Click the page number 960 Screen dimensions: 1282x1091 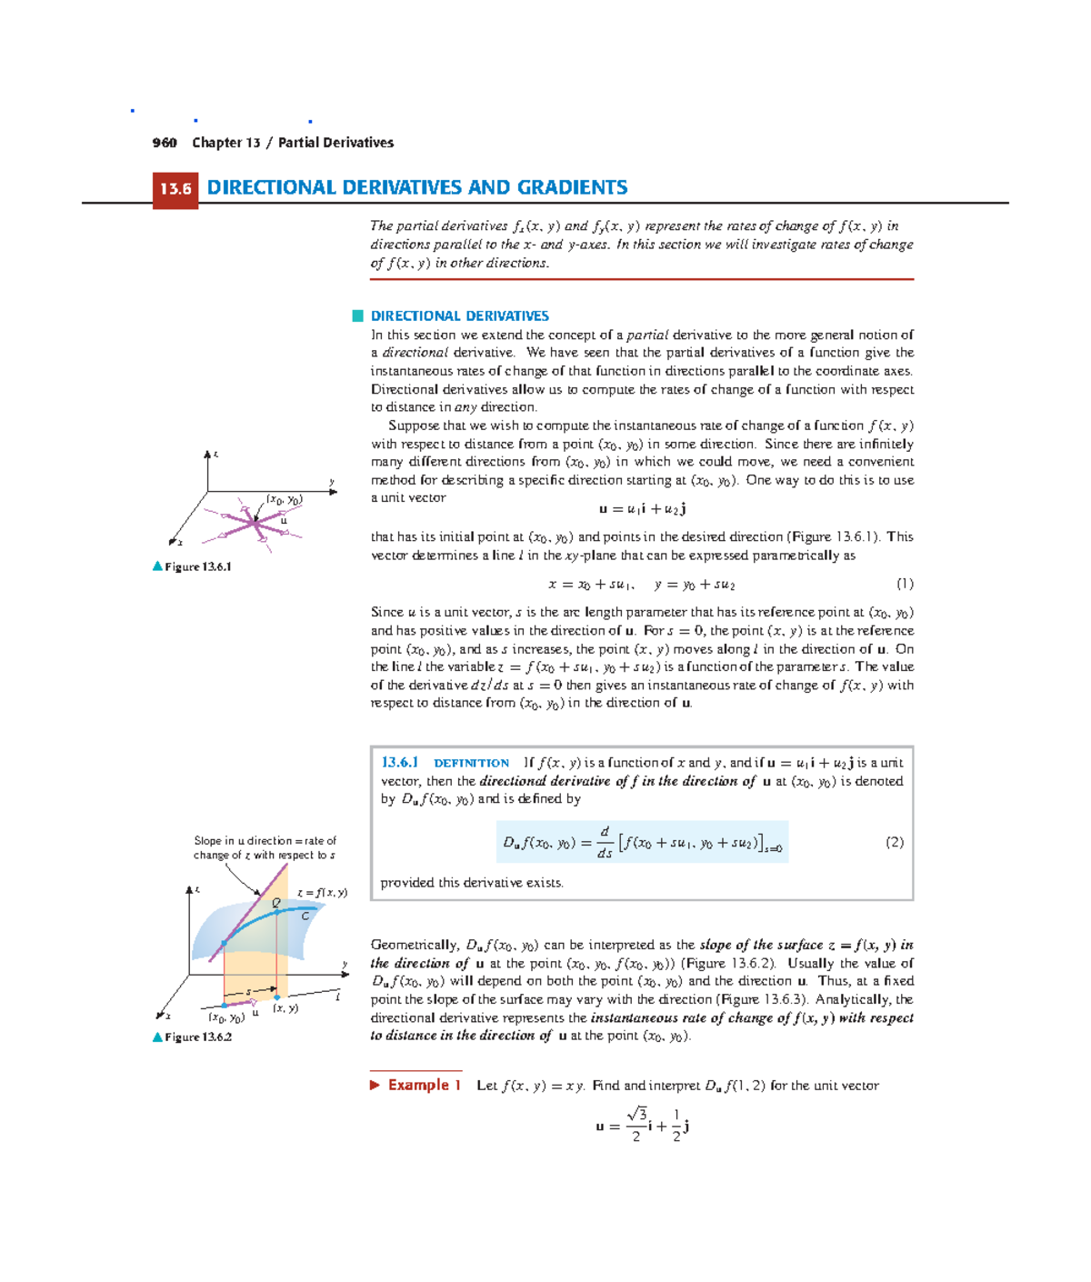coord(165,143)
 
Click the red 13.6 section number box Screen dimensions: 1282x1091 coord(175,189)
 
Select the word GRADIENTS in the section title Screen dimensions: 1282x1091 coord(572,187)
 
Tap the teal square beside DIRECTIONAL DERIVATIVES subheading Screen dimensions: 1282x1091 coord(358,316)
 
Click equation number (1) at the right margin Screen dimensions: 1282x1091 coord(904,584)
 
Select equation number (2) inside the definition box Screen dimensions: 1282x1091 coord(895,842)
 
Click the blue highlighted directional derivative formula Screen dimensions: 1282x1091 coord(642,843)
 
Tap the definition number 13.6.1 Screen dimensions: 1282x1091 coord(399,763)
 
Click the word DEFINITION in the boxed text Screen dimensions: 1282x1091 coord(471,764)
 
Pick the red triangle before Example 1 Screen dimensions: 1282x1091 coord(375,1085)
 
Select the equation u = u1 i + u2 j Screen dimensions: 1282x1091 coord(642,509)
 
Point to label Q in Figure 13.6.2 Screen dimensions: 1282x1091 coord(276,903)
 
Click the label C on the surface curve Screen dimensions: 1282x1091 coord(305,916)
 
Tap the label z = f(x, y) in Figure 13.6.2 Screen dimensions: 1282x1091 coord(322,893)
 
